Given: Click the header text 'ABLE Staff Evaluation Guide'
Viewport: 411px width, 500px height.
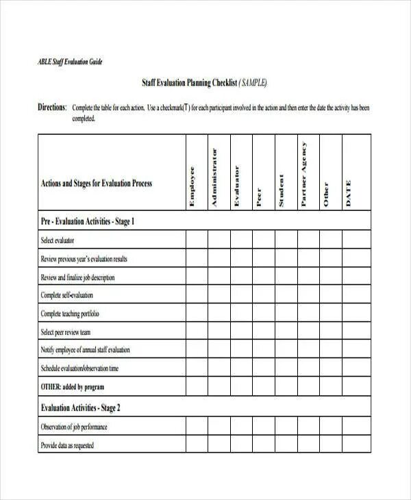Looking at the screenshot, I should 69,62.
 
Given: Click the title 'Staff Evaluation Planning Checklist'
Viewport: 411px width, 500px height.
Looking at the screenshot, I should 188,83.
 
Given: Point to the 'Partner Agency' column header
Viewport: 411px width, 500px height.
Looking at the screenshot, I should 303,174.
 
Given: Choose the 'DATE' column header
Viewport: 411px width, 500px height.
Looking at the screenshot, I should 348,192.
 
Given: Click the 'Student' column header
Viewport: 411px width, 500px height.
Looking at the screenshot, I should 281,190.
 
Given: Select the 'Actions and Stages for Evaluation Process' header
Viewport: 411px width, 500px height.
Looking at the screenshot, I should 97,184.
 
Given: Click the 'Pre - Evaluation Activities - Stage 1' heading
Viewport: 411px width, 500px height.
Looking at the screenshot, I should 88,221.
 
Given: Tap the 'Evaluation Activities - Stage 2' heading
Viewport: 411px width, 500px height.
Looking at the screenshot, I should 81,408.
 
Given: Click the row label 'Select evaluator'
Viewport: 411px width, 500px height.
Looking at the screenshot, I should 58,240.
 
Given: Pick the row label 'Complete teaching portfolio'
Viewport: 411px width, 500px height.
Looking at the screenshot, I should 70,314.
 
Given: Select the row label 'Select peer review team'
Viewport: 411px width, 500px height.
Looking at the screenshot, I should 66,332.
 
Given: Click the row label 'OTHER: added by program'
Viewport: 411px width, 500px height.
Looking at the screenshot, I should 72,387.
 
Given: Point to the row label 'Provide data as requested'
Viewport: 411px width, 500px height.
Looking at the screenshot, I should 67,445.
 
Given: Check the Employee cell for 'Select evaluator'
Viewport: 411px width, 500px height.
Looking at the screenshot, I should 197,240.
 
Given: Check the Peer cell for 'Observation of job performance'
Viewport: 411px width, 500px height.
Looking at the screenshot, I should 264,426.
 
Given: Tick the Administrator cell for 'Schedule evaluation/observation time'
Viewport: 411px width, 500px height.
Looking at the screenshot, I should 219,368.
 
